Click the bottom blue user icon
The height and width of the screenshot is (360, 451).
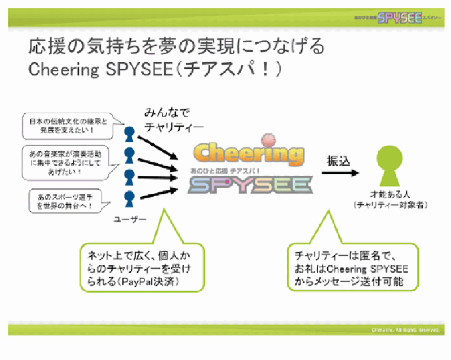point(130,198)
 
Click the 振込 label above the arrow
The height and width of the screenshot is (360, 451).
point(339,161)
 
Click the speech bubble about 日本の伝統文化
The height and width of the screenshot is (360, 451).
point(66,126)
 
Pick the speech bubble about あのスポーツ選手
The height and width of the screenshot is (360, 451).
point(62,201)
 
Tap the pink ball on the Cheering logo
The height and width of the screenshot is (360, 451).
point(267,140)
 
